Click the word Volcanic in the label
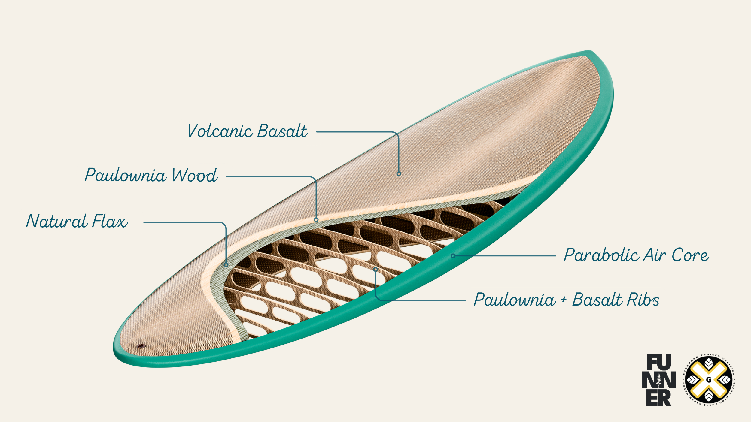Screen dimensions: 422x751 tap(220, 131)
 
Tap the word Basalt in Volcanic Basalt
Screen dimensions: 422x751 tap(282, 131)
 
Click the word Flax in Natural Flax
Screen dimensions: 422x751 tap(110, 221)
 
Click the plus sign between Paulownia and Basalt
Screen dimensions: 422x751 tap(564, 299)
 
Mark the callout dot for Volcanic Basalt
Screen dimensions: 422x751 tap(399, 174)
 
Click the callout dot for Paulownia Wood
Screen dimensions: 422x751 tap(316, 220)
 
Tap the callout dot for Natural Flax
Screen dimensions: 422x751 tap(226, 264)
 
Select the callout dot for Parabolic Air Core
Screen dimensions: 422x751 tap(453, 256)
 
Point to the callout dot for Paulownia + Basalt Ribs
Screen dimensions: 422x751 tap(375, 269)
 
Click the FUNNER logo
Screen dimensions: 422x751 tap(659, 380)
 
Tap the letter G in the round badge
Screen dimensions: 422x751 tap(709, 380)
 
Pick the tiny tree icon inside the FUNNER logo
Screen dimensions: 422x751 tap(659, 379)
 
